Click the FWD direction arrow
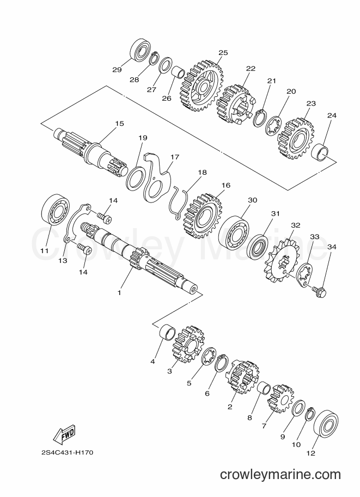click(64, 433)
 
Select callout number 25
click(223, 53)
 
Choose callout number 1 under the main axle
click(119, 293)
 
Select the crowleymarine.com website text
click(280, 474)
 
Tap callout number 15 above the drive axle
click(120, 124)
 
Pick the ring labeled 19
click(136, 179)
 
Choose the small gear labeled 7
click(280, 398)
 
